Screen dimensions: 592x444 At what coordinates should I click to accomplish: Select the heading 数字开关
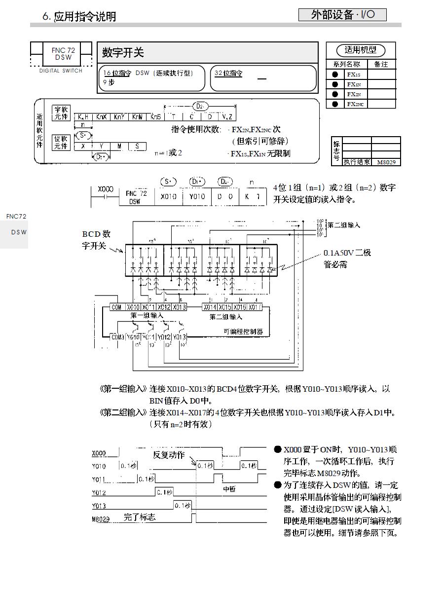click(123, 53)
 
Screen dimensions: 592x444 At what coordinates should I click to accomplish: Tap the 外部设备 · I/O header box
click(342, 15)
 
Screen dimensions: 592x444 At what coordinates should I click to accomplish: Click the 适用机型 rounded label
click(360, 50)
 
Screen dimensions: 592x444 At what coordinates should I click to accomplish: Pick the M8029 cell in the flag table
click(386, 162)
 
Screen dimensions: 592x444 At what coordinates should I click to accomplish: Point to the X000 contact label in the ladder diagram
click(105, 189)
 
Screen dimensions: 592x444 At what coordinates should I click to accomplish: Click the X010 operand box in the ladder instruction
click(169, 196)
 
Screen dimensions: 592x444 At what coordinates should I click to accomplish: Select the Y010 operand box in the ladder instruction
click(197, 196)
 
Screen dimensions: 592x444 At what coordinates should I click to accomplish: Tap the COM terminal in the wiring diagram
click(116, 307)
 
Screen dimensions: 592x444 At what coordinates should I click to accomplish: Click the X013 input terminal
click(179, 307)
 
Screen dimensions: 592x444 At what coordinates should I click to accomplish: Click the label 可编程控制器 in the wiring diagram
click(243, 332)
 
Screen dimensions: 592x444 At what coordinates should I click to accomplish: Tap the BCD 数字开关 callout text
click(96, 240)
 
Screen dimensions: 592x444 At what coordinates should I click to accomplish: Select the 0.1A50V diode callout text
click(347, 259)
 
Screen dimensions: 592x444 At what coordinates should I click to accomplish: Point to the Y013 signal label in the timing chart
click(99, 506)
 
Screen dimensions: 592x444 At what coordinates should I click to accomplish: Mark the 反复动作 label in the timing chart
click(168, 454)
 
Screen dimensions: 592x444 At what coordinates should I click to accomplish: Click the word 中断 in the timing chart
click(229, 489)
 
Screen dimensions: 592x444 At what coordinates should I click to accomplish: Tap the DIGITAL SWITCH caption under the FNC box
click(61, 71)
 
